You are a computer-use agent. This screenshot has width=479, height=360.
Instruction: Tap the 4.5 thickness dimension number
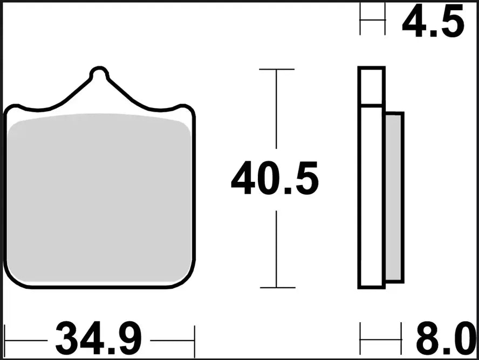(432, 22)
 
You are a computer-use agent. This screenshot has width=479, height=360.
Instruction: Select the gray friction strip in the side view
(394, 197)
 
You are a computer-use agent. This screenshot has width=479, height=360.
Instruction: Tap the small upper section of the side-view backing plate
(371, 86)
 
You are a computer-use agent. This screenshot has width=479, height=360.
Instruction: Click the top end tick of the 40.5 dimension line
(277, 70)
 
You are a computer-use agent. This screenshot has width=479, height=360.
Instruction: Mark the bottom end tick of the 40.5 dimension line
(277, 288)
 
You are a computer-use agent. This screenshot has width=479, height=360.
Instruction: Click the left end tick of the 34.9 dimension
(5, 341)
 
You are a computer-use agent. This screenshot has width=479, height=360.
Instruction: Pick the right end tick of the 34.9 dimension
(194, 341)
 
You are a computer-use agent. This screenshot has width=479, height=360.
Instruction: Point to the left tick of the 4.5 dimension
(360, 19)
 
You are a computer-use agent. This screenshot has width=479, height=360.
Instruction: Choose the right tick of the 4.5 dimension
(385, 19)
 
